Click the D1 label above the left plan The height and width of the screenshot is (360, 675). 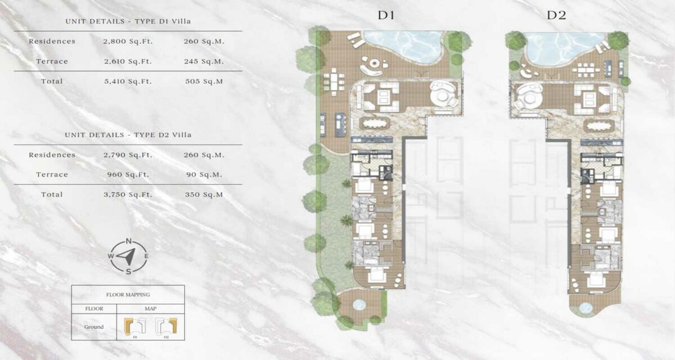tap(386, 15)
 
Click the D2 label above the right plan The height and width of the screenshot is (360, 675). tap(556, 15)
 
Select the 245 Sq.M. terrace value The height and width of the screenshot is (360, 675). tap(204, 61)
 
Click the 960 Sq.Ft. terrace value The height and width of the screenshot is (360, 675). tap(127, 174)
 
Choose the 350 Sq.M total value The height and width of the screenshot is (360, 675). tap(204, 195)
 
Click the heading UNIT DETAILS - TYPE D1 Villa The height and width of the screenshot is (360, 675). tap(128, 22)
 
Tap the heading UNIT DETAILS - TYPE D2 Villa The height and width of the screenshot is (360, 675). tap(128, 135)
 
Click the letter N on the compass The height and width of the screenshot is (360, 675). tap(129, 241)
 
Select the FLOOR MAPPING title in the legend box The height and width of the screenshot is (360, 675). tap(128, 294)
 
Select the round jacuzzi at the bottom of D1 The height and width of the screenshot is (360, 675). tap(358, 304)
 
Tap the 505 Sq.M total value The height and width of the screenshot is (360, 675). tap(204, 82)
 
